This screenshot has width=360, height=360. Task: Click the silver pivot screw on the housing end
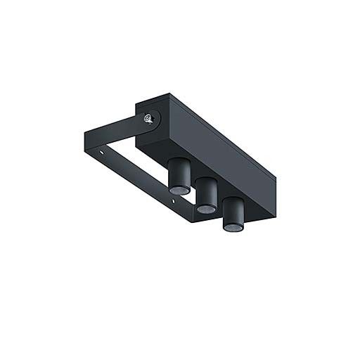[148, 120]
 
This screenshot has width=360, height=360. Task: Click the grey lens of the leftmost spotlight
[178, 190]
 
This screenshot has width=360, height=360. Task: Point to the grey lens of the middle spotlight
[205, 209]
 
